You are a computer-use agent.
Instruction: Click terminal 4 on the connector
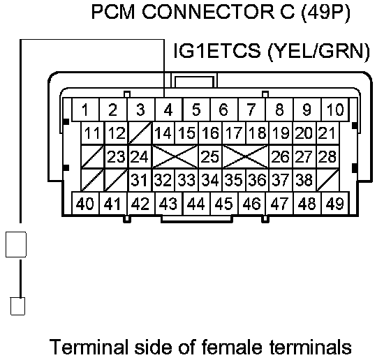168,110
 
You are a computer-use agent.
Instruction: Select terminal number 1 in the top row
85,110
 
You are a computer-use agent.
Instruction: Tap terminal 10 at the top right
335,110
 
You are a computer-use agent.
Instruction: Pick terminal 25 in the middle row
210,156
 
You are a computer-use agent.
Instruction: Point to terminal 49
335,204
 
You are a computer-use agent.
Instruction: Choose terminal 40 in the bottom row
85,204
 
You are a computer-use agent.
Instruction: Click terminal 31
140,180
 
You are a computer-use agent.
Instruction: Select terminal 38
304,180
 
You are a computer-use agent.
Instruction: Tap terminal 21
327,133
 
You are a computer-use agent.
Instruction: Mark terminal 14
163,133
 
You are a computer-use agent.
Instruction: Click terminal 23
116,156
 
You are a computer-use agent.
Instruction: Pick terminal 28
327,156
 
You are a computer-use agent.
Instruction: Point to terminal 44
196,204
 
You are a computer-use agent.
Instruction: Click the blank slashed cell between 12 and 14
140,133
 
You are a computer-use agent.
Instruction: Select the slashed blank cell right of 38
327,180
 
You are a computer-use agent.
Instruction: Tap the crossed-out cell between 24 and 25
175,156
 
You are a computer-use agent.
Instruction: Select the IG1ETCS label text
217,50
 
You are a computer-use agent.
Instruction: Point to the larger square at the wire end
16,244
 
